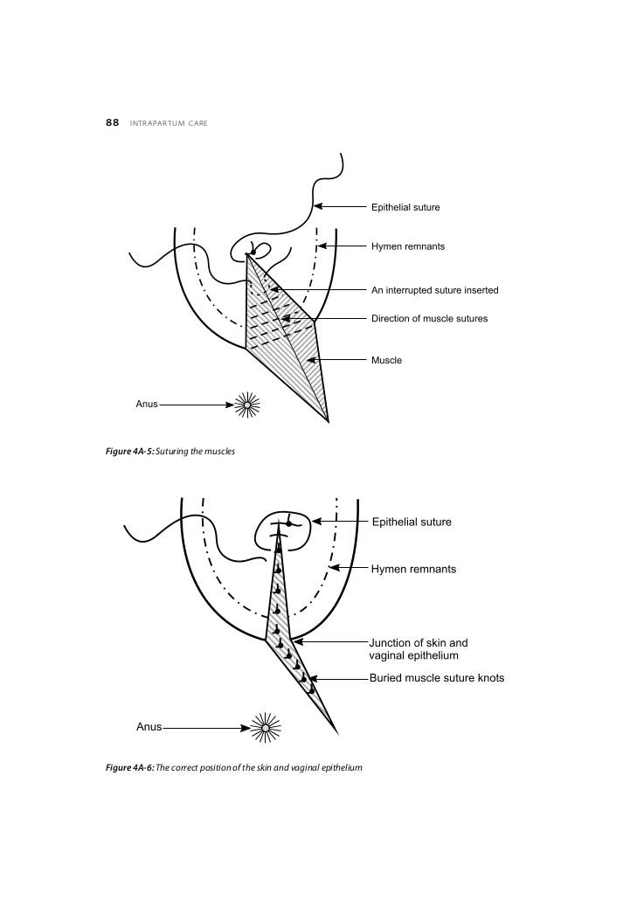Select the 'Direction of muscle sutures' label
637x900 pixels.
[429, 318]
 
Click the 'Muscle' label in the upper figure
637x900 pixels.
[386, 360]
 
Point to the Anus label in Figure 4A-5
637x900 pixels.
[146, 405]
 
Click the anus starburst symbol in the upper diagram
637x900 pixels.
[249, 404]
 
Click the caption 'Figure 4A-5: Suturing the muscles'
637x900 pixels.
[167, 451]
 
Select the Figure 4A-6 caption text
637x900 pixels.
[232, 767]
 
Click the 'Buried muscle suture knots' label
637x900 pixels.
[436, 678]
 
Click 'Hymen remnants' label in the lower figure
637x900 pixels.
[413, 569]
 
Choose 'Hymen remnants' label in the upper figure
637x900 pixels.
[407, 246]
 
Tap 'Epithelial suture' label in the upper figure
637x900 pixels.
[405, 207]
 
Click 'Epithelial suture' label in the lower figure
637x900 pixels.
[412, 523]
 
